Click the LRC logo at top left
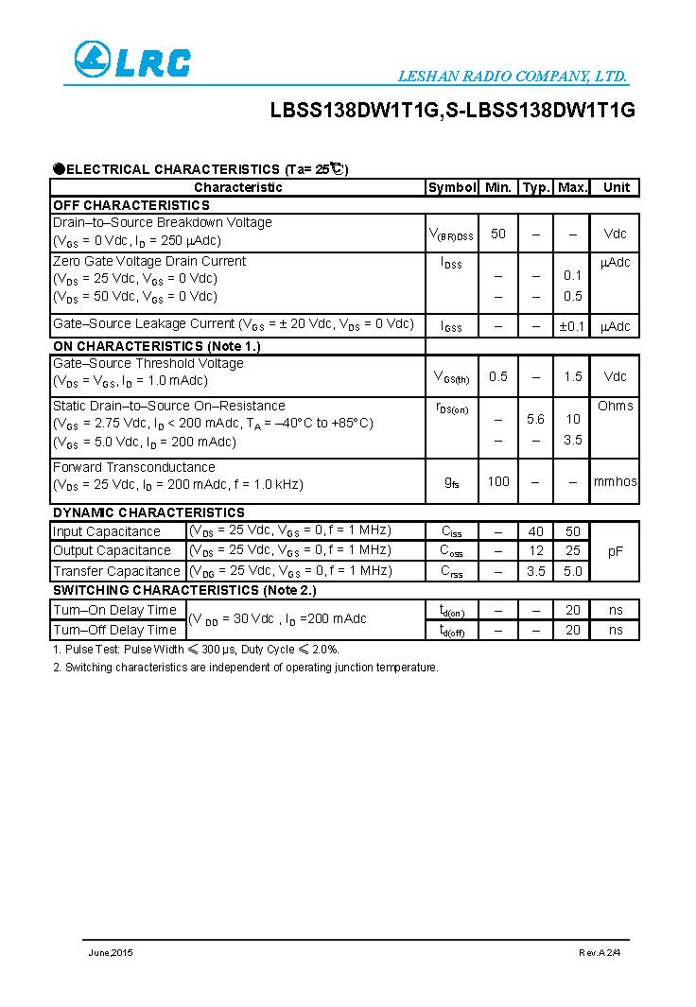[132, 61]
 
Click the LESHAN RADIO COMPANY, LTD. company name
[513, 77]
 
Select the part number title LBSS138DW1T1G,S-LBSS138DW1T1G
[452, 111]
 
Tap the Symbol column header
[452, 187]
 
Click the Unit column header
[616, 187]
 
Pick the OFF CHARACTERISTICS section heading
[130, 205]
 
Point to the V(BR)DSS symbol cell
[452, 234]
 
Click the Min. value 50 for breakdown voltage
[498, 234]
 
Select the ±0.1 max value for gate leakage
[572, 326]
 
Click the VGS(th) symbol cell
[451, 377]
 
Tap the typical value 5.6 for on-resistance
[535, 419]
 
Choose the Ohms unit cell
[616, 406]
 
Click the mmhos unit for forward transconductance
[616, 481]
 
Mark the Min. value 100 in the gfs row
[498, 481]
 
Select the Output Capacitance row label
[112, 550]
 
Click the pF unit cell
[616, 550]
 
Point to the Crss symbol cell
[452, 571]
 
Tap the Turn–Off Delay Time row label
[114, 630]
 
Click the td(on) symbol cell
[452, 611]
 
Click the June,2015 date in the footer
[111, 952]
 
